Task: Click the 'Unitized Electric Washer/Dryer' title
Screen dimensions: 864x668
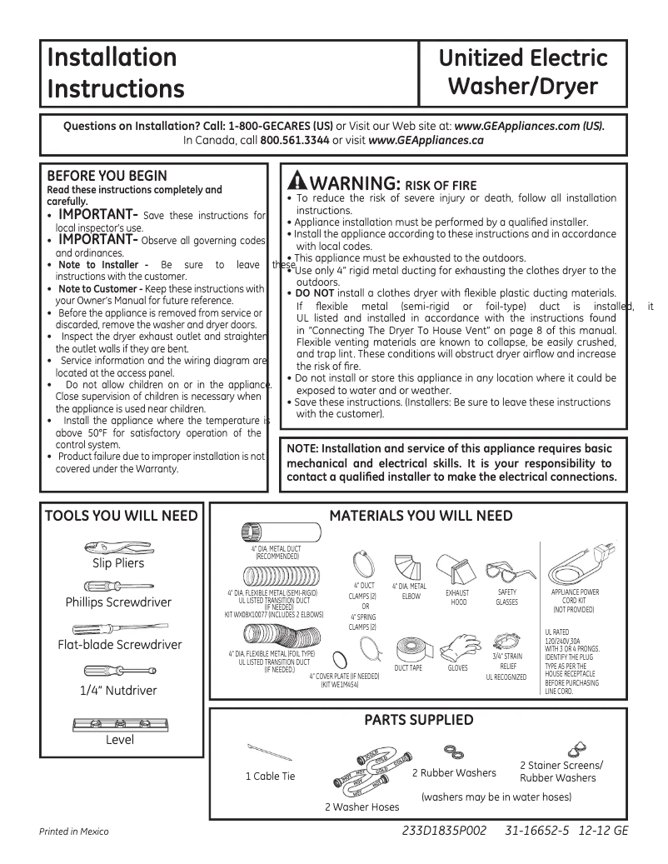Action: coord(523,72)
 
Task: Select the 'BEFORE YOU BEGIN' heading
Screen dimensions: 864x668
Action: coord(107,176)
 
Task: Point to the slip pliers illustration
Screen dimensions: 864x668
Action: coord(117,547)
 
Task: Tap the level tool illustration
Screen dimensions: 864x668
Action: coord(117,722)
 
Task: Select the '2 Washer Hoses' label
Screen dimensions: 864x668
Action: coord(361,807)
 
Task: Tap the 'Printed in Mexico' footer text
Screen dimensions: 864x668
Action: coord(74,832)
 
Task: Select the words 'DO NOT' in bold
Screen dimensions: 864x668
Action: coord(316,293)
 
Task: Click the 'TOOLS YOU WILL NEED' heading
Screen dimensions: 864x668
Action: coord(122,516)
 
